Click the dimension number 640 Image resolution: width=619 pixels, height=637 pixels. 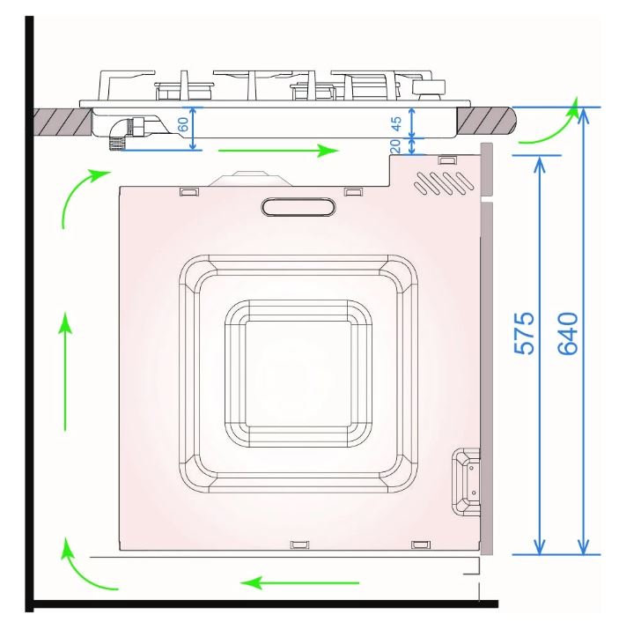click(568, 333)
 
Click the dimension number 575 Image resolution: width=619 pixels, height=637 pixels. click(525, 333)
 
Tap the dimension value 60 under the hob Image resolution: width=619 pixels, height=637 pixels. click(183, 124)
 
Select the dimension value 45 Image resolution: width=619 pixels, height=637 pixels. click(395, 123)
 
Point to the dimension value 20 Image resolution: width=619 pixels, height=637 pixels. click(395, 146)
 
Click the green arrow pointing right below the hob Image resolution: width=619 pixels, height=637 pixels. click(278, 151)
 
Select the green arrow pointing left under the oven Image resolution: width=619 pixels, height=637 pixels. click(299, 583)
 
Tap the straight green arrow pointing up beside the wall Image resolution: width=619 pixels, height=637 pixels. click(65, 372)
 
